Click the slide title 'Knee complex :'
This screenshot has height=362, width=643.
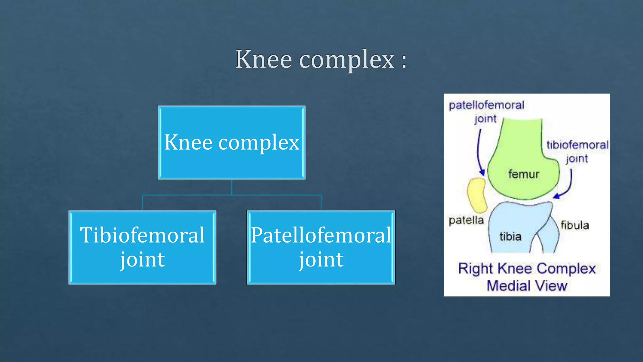(x=321, y=59)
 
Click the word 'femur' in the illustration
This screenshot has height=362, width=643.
(x=524, y=174)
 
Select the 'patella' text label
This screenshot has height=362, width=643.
(x=466, y=220)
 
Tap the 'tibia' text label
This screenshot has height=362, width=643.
(x=511, y=236)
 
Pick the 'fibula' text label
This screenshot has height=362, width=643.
(x=575, y=225)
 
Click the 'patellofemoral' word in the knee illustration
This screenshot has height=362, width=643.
(x=486, y=105)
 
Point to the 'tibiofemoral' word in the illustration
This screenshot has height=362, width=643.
(x=577, y=145)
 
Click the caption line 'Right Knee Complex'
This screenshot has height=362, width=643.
(x=527, y=269)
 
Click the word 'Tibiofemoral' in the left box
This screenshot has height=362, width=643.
(x=142, y=235)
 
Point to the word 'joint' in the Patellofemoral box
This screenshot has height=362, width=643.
(x=321, y=260)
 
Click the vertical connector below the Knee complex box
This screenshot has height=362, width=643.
(x=232, y=187)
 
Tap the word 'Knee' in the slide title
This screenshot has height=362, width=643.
(x=264, y=59)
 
